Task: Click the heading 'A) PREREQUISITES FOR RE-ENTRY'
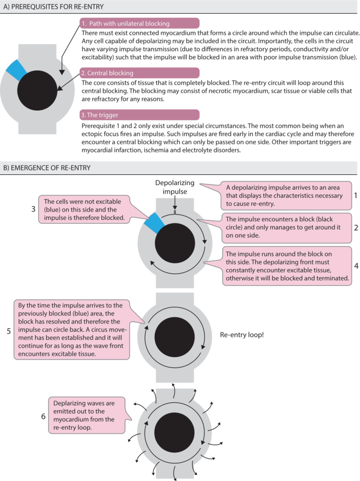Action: pyautogui.click(x=54, y=7)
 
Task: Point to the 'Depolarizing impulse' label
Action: pyautogui.click(x=174, y=188)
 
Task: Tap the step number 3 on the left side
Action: pyautogui.click(x=33, y=209)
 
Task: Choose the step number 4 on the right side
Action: pyautogui.click(x=355, y=265)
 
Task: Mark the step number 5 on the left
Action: pyautogui.click(x=8, y=331)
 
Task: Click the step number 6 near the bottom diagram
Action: pyautogui.click(x=43, y=415)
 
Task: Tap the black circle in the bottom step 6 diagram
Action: pyautogui.click(x=174, y=433)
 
